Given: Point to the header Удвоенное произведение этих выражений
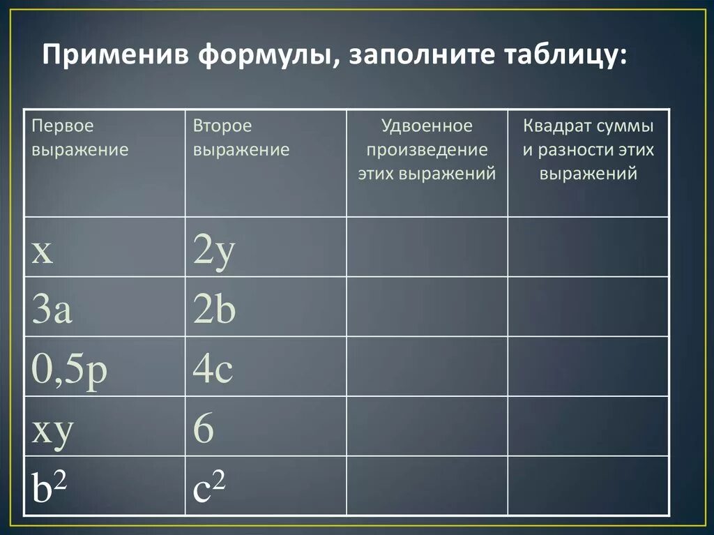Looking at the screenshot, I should pos(427,149).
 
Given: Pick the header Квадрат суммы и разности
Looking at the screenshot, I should pos(588,149).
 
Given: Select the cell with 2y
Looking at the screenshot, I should pos(215,252).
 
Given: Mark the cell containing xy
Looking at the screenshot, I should pos(52,430).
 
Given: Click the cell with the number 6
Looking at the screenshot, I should pos(204,430).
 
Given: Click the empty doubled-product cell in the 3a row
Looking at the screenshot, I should pos(427,307).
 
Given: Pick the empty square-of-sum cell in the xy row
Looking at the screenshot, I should pos(588,426).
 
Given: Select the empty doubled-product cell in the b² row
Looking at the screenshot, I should pos(427,486).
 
